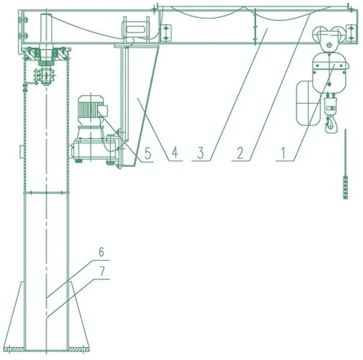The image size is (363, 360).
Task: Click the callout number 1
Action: point(284,153)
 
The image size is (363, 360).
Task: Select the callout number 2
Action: point(241,153)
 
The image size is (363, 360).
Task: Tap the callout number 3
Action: point(201,153)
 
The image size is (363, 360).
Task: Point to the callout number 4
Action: point(175,153)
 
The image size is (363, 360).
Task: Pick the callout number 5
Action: point(148,153)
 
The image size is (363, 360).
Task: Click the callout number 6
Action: point(102,252)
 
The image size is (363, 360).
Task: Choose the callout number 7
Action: point(102,271)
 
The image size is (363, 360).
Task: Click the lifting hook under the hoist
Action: point(331,124)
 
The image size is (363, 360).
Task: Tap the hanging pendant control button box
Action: point(346,187)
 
